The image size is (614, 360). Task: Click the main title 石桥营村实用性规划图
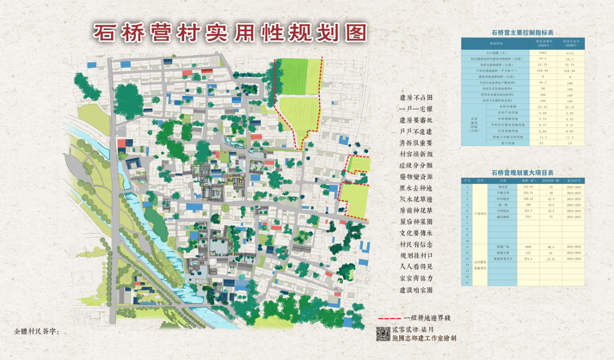pyautogui.click(x=230, y=32)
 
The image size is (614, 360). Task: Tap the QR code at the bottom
pyautogui.click(x=383, y=334)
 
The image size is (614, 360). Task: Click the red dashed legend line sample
pyautogui.click(x=389, y=318)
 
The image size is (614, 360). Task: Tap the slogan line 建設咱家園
pyautogui.click(x=416, y=290)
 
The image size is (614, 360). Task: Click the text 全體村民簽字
pyautogui.click(x=37, y=331)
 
